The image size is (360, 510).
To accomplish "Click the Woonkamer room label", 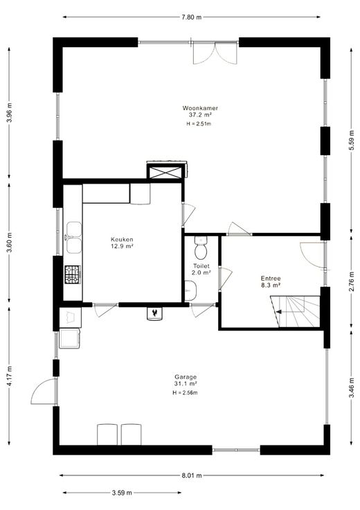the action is [x=200, y=108].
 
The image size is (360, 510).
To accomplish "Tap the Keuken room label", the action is [x=122, y=240].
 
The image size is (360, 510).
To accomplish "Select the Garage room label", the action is [x=186, y=377].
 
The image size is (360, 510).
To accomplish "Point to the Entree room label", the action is [x=271, y=279].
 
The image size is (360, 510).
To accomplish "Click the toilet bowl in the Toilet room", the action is [x=201, y=248].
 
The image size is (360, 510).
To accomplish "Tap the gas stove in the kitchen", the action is [x=73, y=274].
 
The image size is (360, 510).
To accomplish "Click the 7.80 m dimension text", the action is [x=191, y=17].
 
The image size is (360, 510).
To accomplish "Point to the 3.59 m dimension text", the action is [x=122, y=493].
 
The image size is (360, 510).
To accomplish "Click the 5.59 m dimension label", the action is [x=351, y=139].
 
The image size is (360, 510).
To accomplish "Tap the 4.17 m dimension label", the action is [x=10, y=376].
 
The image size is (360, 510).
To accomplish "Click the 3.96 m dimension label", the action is [x=10, y=112].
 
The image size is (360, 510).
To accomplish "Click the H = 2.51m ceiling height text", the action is [x=199, y=123].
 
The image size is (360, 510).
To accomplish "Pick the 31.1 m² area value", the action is [x=186, y=384].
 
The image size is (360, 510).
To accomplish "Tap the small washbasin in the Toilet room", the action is [x=190, y=291].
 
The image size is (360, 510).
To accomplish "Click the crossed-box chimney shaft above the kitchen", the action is [x=164, y=172].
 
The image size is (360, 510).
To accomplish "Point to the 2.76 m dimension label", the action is [x=351, y=281].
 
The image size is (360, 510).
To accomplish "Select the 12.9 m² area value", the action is [x=122, y=246].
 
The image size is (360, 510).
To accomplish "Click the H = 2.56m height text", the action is [x=186, y=393].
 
